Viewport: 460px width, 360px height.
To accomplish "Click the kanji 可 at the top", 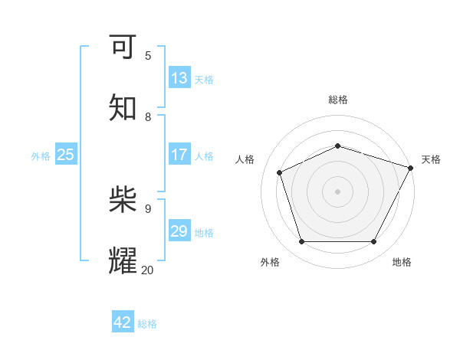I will pyautogui.click(x=123, y=47).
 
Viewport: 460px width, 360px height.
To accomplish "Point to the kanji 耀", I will pyautogui.click(x=123, y=261).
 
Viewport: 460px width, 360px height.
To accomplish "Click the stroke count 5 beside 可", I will pyautogui.click(x=148, y=56).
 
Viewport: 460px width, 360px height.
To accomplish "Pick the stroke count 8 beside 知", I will pyautogui.click(x=148, y=116).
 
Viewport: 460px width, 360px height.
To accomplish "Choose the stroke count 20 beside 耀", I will pyautogui.click(x=148, y=269).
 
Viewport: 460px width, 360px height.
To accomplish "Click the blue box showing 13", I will pyautogui.click(x=179, y=78).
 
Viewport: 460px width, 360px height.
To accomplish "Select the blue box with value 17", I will pyautogui.click(x=179, y=155).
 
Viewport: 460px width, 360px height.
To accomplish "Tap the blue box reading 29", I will pyautogui.click(x=179, y=231).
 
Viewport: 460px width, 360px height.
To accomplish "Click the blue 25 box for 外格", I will pyautogui.click(x=66, y=155).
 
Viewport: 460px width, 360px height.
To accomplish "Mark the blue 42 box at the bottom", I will pyautogui.click(x=123, y=322).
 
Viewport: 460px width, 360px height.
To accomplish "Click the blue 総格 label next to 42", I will pyautogui.click(x=147, y=324).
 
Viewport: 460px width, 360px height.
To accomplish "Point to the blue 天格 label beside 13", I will pyautogui.click(x=204, y=80).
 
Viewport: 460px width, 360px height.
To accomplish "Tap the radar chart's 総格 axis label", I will pyautogui.click(x=338, y=100).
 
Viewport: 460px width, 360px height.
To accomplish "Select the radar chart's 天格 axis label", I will pyautogui.click(x=431, y=159).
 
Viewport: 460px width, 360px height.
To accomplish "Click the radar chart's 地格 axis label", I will pyautogui.click(x=402, y=262).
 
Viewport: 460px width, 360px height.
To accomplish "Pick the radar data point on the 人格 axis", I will pyautogui.click(x=280, y=172).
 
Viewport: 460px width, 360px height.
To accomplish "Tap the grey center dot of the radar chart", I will pyautogui.click(x=337, y=191).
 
